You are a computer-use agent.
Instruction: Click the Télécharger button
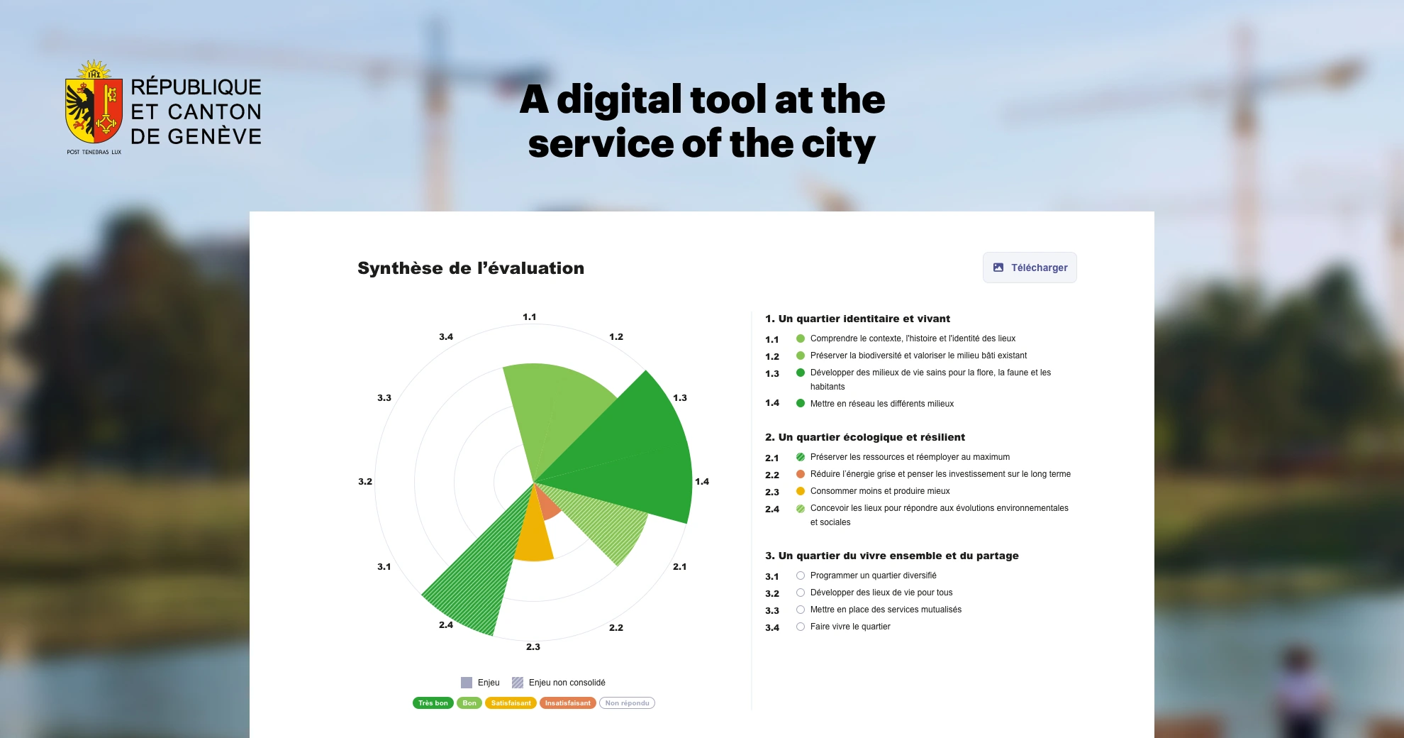pos(1030,268)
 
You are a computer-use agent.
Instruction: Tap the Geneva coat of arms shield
pos(94,110)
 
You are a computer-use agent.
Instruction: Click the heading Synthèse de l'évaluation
pos(471,268)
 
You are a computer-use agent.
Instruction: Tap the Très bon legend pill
pos(433,703)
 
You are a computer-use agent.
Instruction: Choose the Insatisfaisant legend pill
pos(568,703)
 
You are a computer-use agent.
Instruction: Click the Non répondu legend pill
pos(627,703)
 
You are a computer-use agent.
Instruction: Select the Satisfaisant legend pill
pos(511,703)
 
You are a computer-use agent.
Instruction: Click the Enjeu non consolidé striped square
pos(518,683)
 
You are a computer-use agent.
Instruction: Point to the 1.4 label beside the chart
pos(702,482)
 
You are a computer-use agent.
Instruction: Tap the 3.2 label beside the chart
pos(365,482)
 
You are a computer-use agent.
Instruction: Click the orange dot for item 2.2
pos(801,474)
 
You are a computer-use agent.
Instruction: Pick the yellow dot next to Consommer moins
pos(801,491)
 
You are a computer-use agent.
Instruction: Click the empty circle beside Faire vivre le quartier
pos(801,627)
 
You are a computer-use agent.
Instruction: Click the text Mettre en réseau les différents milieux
pos(882,404)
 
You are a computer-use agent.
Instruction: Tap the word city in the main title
pos(838,144)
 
